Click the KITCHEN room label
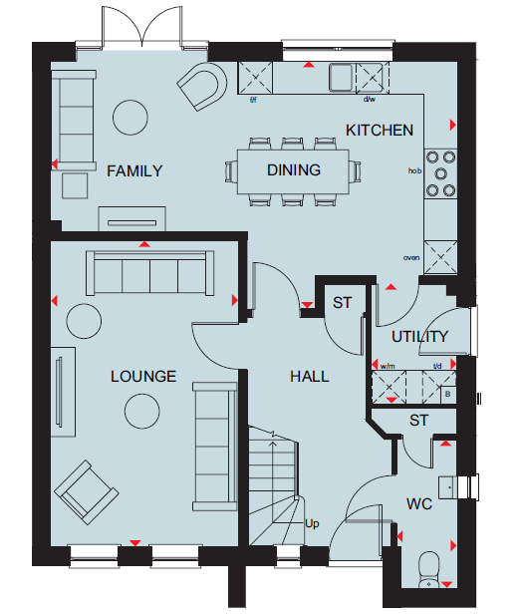(380, 131)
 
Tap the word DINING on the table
(294, 169)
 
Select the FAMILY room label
(134, 171)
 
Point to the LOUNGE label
(143, 377)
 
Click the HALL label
(310, 377)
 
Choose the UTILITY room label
(419, 337)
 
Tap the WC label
(419, 504)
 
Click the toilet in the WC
(429, 569)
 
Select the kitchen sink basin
(342, 77)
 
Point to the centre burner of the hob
(440, 173)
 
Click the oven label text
(411, 257)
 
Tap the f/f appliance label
(253, 100)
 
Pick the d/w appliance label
(369, 99)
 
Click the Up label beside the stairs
(312, 523)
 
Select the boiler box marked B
(448, 395)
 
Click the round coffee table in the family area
(130, 118)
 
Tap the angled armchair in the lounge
(87, 492)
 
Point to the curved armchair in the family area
(202, 86)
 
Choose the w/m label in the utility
(388, 367)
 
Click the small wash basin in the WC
(447, 487)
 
